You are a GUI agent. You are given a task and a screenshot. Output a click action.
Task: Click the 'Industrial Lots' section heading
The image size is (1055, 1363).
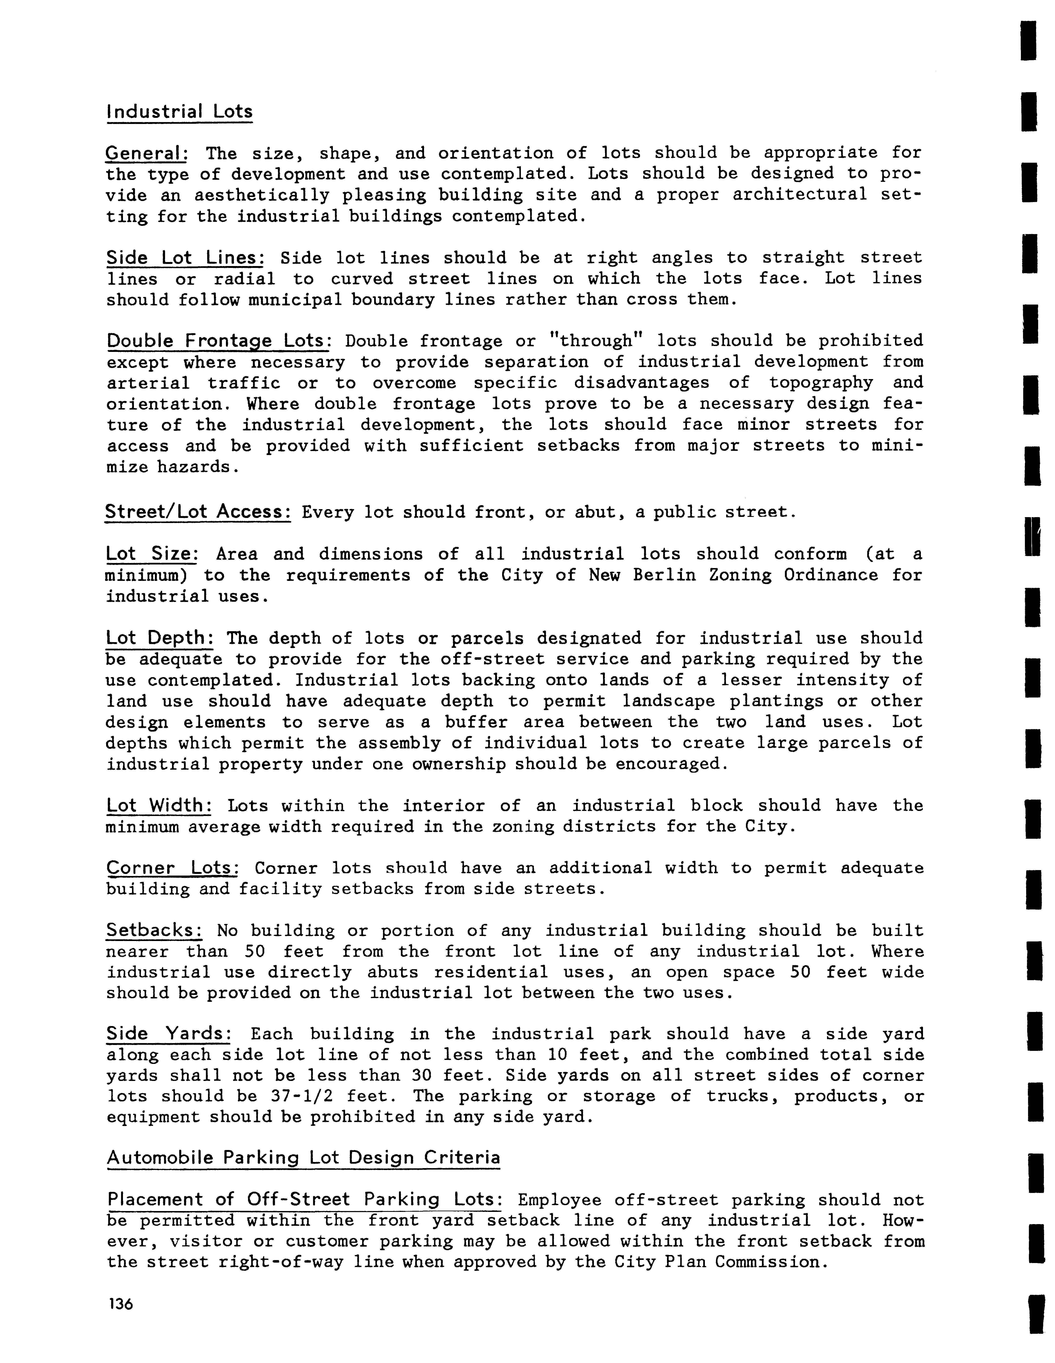(180, 112)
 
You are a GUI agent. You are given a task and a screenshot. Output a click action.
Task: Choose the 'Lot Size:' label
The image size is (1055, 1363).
(152, 554)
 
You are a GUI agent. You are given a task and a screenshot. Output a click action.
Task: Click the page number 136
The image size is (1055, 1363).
(120, 1305)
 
